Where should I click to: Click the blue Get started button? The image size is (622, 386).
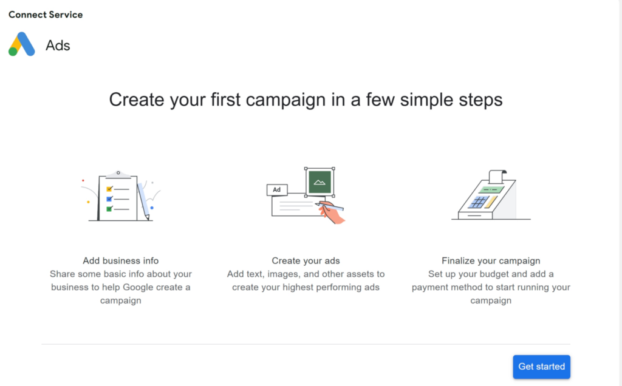tap(541, 367)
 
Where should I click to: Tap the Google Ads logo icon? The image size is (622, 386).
tap(22, 44)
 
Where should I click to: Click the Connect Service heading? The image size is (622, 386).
tap(46, 15)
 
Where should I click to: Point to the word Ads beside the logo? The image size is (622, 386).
tap(58, 46)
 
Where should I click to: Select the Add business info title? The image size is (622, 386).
tap(121, 261)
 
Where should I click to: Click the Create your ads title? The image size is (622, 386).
tap(306, 261)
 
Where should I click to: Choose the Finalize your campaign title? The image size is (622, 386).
tap(491, 261)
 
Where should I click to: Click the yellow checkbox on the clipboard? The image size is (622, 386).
tap(109, 189)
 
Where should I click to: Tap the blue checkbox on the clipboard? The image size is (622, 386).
tap(109, 198)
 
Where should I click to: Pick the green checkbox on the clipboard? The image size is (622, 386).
tap(109, 209)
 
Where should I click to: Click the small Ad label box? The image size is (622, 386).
tap(277, 190)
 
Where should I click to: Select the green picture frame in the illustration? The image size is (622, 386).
tap(320, 182)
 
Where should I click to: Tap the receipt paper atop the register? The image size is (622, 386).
tap(497, 177)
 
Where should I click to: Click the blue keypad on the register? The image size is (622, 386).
tap(478, 202)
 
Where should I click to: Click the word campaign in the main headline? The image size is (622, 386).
tap(285, 100)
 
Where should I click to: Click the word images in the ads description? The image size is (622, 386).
tap(282, 274)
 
